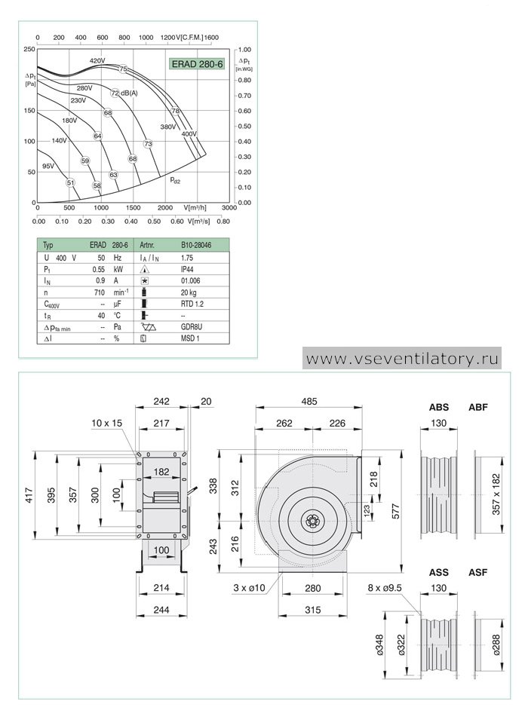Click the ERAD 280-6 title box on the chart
tap(197, 64)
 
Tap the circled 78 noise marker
tap(176, 111)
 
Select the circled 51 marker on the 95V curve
tap(70, 182)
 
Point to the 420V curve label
tap(97, 60)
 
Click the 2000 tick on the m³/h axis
tap(165, 208)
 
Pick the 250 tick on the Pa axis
tap(29, 49)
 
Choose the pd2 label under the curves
tap(175, 180)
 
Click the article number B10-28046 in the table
tap(196, 245)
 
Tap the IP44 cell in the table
tap(187, 269)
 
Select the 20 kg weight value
tap(189, 292)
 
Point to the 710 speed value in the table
tap(100, 292)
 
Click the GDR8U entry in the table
tap(191, 327)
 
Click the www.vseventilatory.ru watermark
tap(402, 359)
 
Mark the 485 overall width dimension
tap(309, 402)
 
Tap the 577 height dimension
tap(396, 511)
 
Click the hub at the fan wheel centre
tap(313, 521)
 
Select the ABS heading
tap(439, 407)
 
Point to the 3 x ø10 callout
tap(249, 588)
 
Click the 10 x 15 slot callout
tap(106, 424)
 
